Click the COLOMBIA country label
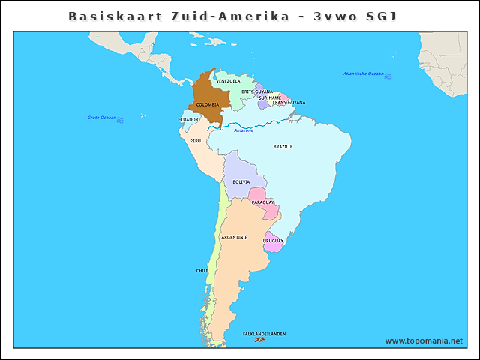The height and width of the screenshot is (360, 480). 208,104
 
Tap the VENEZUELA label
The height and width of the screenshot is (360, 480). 228,80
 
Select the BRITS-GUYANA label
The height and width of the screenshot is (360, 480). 257,91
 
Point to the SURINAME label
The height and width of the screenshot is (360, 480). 270,97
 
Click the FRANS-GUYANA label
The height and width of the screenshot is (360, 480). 289,102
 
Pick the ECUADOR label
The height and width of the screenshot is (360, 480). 188,119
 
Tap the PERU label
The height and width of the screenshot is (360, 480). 195,140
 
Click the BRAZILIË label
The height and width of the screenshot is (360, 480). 283,147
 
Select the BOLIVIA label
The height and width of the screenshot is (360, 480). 241,181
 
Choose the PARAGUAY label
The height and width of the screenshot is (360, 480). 262,202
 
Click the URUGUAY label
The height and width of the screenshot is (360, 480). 273,240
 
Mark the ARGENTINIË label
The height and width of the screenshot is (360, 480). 234,236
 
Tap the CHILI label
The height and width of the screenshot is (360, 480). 202,270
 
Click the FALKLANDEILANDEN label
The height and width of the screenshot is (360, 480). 264,334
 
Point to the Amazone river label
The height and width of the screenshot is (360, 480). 244,130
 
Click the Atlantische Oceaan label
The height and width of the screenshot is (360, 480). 363,73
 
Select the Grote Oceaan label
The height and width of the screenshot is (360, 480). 102,118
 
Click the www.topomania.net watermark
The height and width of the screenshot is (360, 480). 424,340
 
